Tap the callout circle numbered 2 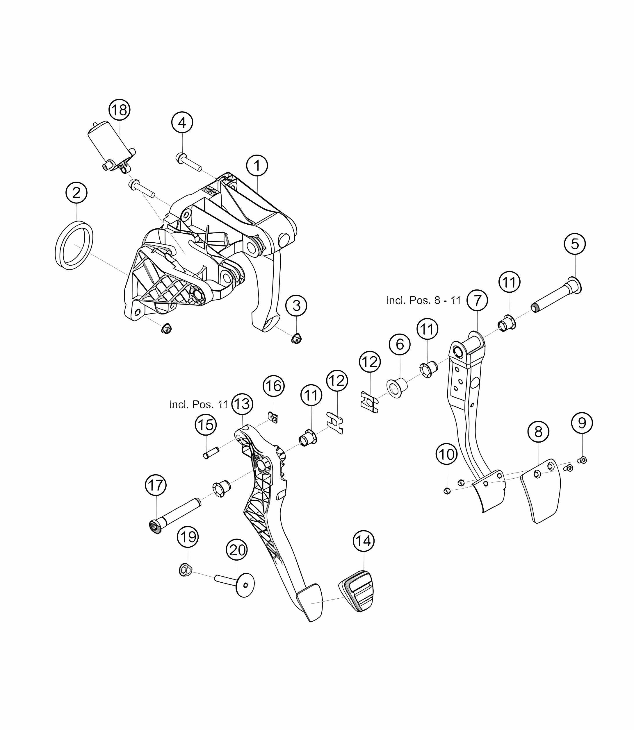[76, 193]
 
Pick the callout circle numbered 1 [257, 165]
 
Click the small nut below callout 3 [296, 339]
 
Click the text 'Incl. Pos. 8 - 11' [423, 300]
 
